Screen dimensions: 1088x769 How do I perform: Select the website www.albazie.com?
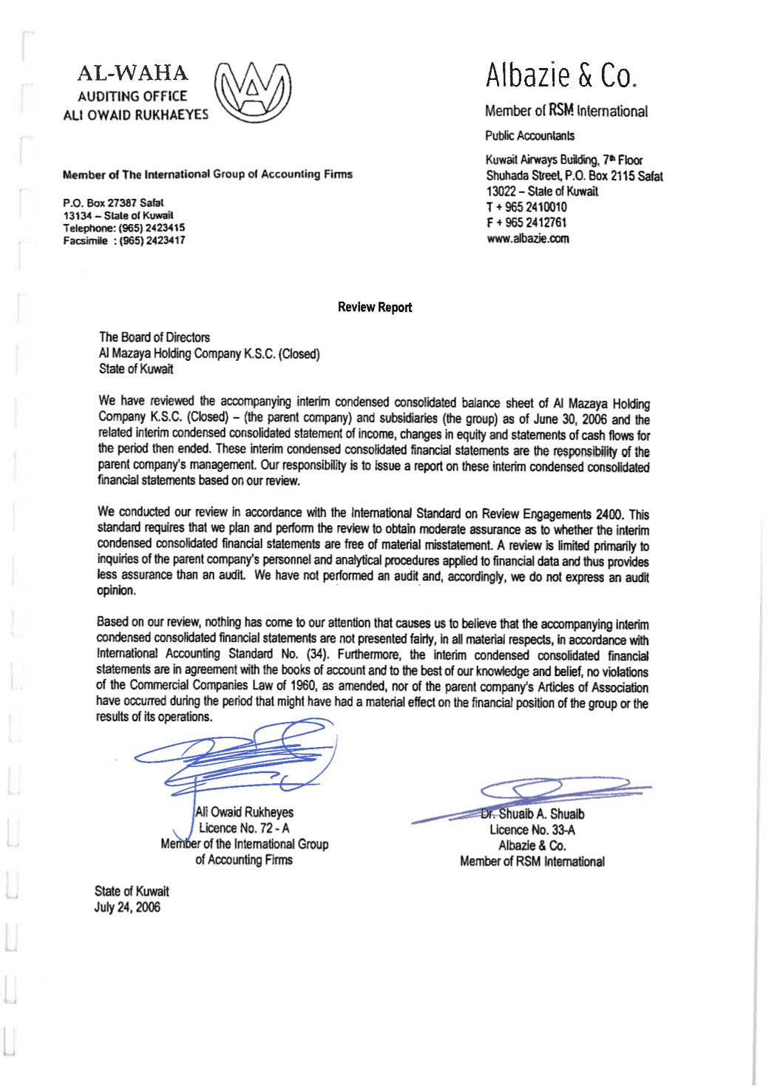(527, 238)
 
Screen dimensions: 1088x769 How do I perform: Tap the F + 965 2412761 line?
(526, 223)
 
